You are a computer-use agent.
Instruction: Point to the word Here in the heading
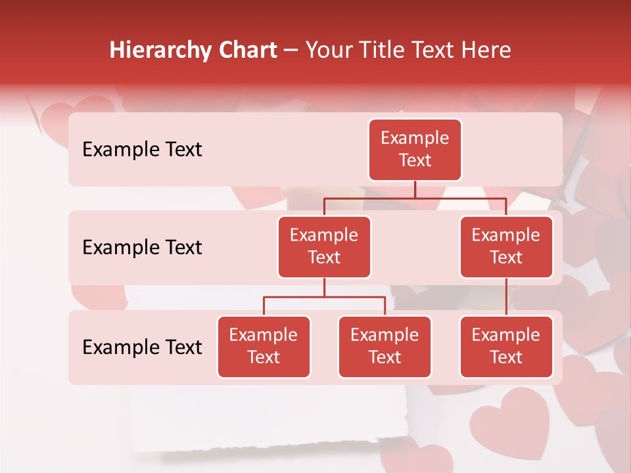point(486,51)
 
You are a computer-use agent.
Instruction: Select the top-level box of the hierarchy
point(415,150)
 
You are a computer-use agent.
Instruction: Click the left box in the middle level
point(324,247)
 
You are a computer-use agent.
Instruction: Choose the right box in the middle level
point(506,247)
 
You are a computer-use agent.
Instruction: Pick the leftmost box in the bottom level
point(264,347)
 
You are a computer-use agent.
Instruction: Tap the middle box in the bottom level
point(385,347)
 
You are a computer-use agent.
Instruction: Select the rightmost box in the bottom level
point(506,347)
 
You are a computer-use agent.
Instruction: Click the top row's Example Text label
point(142,150)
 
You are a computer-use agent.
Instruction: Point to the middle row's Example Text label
point(142,248)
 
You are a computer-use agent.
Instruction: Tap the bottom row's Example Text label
point(142,347)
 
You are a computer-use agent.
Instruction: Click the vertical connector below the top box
point(415,189)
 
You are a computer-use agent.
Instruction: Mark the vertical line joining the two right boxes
point(506,297)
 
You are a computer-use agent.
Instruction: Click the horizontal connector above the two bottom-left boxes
point(324,297)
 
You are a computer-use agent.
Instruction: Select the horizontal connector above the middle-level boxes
point(415,198)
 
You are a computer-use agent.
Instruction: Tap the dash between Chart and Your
point(291,51)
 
